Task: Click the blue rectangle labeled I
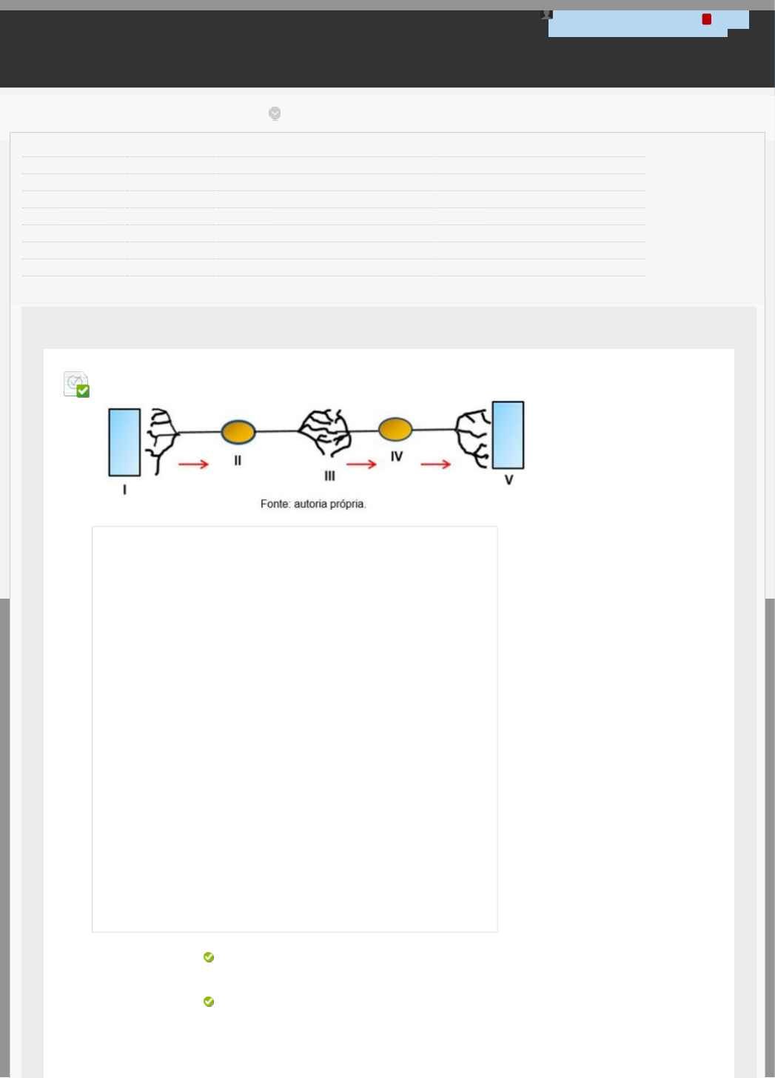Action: tap(124, 442)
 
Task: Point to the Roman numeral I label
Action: tap(124, 490)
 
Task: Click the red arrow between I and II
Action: tap(193, 464)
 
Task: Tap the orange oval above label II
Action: tap(238, 432)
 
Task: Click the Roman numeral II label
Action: tap(238, 461)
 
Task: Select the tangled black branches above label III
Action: tap(324, 432)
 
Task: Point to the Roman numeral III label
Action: tap(329, 476)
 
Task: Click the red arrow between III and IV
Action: tap(361, 464)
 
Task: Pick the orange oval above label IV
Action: tap(395, 429)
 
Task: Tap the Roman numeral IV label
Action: tap(397, 456)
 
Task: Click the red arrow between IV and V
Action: tap(435, 464)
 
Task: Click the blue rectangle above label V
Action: tap(509, 435)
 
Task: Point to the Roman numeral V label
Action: tap(509, 480)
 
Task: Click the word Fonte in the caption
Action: tap(275, 504)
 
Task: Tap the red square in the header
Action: tap(706, 19)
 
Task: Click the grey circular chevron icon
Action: tap(275, 113)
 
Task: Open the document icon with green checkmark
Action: tap(76, 384)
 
